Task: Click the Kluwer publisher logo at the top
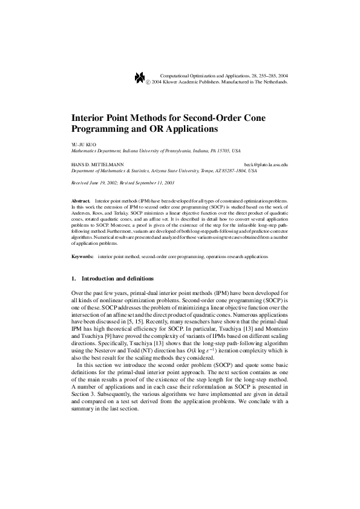click(x=139, y=77)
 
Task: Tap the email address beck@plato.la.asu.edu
click(x=266, y=164)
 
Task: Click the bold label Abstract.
click(x=80, y=200)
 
